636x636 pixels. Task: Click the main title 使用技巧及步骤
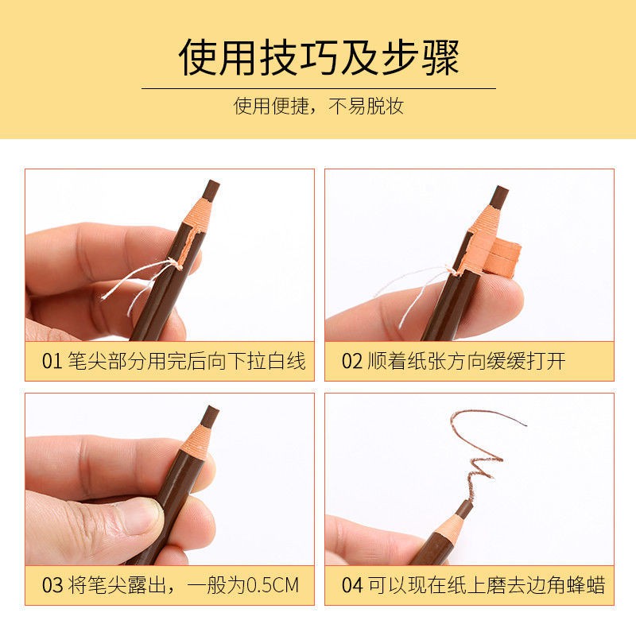[318, 57]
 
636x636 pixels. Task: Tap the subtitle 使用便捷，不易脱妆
[318, 106]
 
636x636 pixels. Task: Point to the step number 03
[52, 586]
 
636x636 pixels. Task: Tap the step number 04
[351, 586]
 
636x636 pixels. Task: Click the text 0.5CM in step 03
[272, 586]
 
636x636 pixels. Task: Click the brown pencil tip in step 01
[211, 190]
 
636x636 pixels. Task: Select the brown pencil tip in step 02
[499, 196]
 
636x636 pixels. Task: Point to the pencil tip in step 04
[464, 508]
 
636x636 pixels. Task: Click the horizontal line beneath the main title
[318, 88]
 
